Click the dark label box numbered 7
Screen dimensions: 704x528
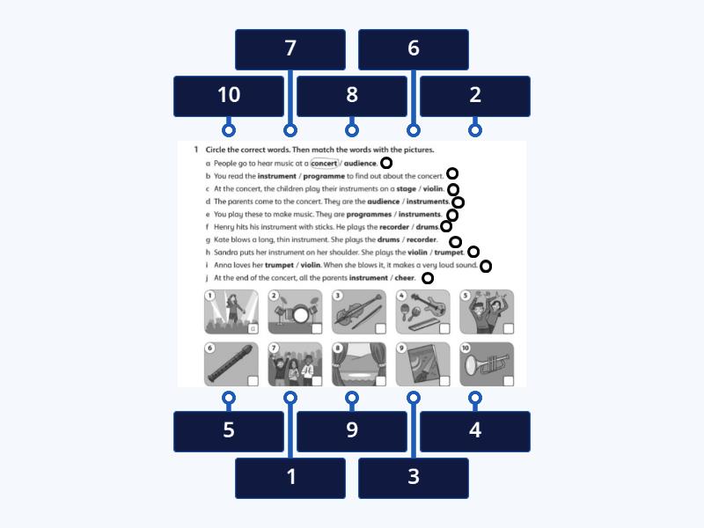pos(290,49)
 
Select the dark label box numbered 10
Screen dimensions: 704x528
pos(229,96)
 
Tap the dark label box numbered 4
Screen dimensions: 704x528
pos(475,431)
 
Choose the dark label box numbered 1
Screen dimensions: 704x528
pos(290,478)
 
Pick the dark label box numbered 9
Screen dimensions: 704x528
pos(352,431)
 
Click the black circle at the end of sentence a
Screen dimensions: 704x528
pos(386,163)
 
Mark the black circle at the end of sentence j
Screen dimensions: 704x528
pos(428,278)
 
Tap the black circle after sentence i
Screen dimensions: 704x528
pos(486,267)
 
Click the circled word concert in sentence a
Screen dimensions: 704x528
pos(324,164)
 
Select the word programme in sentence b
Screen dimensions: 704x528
pos(324,176)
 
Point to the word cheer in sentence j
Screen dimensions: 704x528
pos(405,278)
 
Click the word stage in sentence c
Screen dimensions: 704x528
pos(406,189)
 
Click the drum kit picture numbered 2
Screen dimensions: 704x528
pos(295,312)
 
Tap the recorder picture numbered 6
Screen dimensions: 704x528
pos(231,364)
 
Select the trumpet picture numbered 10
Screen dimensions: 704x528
pos(487,364)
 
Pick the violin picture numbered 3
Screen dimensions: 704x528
pos(359,312)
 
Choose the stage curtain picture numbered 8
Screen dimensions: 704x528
pos(359,364)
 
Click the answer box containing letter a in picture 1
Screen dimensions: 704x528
pos(253,328)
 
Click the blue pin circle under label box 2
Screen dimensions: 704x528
pos(475,130)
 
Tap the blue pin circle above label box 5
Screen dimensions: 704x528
pos(229,398)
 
